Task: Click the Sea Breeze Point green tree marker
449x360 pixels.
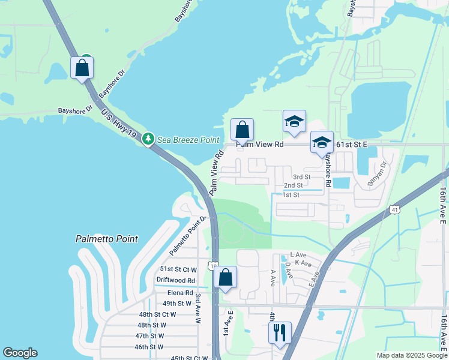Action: pos(148,139)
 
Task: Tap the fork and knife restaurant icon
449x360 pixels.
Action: pos(280,332)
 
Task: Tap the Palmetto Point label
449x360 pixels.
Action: pos(107,239)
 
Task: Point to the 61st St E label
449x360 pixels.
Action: pos(351,145)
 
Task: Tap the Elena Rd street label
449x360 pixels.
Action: pos(180,293)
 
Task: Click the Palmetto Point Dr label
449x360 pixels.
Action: pos(187,235)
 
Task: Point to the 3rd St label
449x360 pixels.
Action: pos(301,177)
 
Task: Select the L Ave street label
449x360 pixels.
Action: pos(298,255)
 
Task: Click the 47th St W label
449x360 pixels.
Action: pos(150,336)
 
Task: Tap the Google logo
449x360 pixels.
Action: pos(20,353)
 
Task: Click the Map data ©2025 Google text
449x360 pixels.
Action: pos(412,355)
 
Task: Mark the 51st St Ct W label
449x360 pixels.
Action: pos(178,269)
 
